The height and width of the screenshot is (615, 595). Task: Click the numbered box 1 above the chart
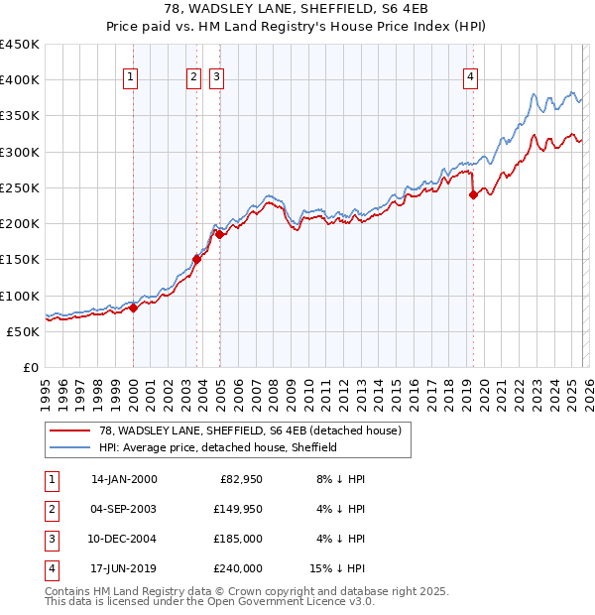point(132,78)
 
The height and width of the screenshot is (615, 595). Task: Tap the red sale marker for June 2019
point(473,194)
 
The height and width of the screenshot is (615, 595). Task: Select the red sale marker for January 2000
point(133,307)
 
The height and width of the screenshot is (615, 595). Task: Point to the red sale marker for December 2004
point(219,234)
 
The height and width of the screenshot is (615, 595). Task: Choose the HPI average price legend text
point(218,447)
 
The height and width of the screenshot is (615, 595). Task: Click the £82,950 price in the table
point(238,479)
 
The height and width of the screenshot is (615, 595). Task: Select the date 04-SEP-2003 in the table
point(124,509)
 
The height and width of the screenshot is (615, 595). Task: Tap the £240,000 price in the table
point(238,568)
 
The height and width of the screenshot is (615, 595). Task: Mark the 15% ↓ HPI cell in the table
point(338,568)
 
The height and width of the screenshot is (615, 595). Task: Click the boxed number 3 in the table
point(49,539)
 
